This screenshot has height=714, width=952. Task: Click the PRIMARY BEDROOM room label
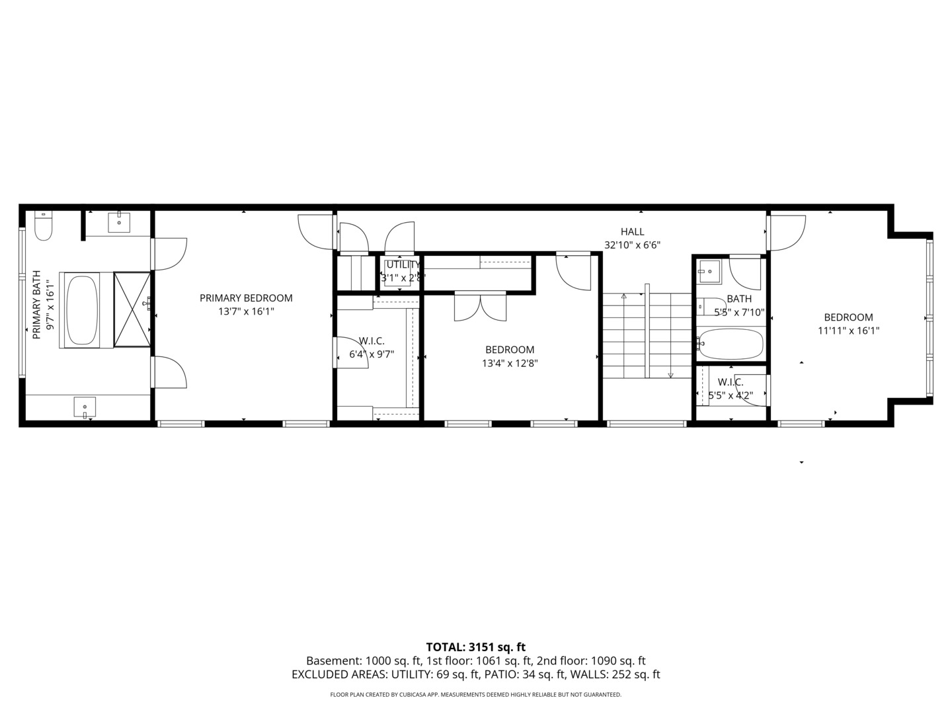click(246, 298)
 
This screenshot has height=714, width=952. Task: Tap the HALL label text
click(632, 231)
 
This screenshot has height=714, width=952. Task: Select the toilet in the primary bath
click(44, 226)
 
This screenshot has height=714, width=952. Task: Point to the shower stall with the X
click(132, 309)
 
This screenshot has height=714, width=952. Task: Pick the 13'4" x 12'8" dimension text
click(510, 363)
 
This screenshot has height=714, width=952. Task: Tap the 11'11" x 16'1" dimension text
click(848, 331)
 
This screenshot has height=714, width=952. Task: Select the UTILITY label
click(403, 264)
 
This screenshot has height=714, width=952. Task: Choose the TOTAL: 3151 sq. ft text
click(475, 647)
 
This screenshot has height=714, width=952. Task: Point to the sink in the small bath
click(709, 270)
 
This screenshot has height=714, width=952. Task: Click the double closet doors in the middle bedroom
click(481, 307)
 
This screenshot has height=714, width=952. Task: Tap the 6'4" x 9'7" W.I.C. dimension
click(372, 354)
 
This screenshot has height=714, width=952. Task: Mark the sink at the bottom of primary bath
click(85, 407)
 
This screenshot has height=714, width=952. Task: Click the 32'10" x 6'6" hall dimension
click(632, 245)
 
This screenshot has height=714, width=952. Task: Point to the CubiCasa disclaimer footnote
click(475, 695)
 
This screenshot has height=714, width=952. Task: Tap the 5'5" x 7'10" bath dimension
click(739, 312)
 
